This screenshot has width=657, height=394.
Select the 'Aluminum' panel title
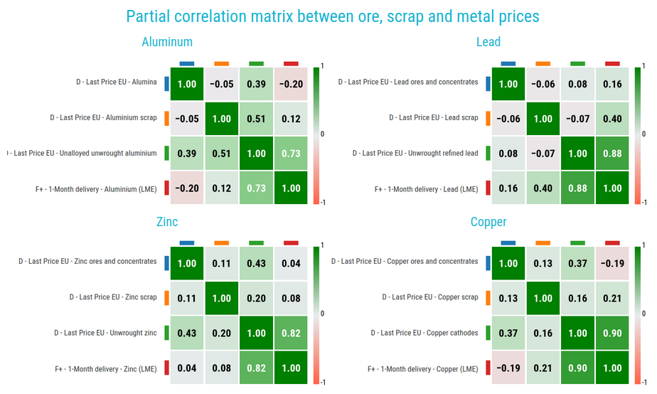tap(166, 43)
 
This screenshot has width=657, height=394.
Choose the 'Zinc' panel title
tap(166, 222)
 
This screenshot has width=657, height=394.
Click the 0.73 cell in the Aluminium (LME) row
tap(257, 188)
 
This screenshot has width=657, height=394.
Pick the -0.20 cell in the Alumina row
tap(292, 84)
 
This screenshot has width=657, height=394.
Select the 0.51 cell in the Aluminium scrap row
tap(257, 119)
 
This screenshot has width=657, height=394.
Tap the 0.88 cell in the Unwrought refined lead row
tap(613, 154)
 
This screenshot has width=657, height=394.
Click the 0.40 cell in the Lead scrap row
tap(613, 119)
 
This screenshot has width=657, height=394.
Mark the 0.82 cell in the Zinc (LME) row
tap(257, 368)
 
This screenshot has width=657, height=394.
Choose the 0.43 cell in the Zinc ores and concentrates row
tap(257, 263)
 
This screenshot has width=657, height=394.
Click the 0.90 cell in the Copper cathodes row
tap(613, 333)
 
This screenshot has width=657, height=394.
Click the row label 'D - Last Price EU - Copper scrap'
tap(429, 297)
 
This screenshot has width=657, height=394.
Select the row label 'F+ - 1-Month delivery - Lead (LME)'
tap(426, 189)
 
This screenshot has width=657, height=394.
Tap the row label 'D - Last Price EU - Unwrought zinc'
tap(105, 333)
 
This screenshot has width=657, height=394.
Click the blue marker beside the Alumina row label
tap(166, 84)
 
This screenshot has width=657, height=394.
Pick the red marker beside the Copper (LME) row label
tap(487, 368)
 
